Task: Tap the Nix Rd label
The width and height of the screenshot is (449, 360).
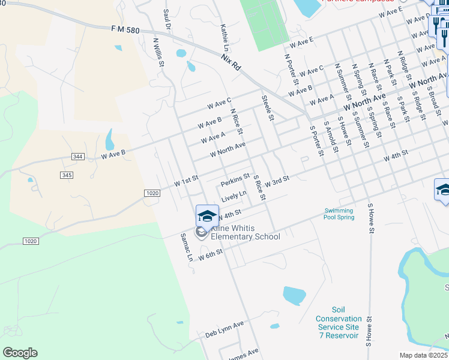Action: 231,64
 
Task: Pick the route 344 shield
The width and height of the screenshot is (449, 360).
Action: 77,157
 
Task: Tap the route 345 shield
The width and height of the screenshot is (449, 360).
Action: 67,175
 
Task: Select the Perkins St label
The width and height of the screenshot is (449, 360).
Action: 235,180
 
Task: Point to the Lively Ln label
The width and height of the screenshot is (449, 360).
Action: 234,196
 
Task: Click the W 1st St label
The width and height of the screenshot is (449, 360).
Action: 186,181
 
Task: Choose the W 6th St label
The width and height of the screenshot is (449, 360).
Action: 211,255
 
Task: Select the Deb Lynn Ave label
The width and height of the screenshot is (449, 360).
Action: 224,329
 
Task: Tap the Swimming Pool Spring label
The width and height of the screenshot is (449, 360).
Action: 339,214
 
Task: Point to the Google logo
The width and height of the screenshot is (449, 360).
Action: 20,352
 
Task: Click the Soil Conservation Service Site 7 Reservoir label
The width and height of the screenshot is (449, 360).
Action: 339,327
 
